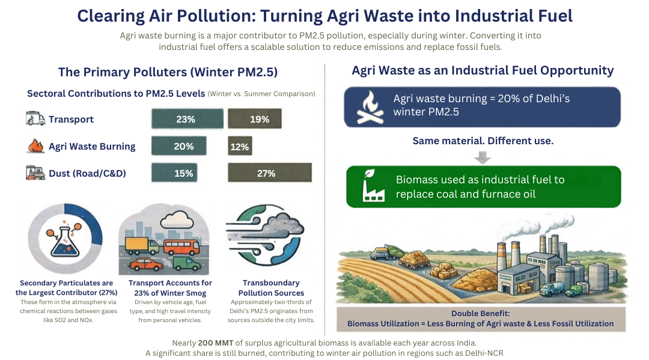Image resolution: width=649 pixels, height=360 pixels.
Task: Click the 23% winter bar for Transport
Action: point(187,119)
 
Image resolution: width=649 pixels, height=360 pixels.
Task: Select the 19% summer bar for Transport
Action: point(255,119)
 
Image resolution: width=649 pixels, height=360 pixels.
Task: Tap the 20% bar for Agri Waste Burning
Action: point(179,146)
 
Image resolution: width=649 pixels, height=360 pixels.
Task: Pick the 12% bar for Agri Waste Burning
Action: point(240,147)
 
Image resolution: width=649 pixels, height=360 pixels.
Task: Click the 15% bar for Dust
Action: point(174,173)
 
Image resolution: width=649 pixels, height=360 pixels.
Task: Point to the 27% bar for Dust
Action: point(270,173)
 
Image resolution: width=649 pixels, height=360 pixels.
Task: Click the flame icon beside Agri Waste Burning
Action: point(35,146)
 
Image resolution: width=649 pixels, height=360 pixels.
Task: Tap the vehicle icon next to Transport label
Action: point(35,118)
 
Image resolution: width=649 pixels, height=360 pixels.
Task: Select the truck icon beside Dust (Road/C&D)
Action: point(35,172)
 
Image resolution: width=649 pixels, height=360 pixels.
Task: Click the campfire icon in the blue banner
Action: point(370,107)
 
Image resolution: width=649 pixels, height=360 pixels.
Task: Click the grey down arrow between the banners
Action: point(482,157)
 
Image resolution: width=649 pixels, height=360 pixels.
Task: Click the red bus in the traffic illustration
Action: point(181,248)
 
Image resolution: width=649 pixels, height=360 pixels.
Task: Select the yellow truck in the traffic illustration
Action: point(142,246)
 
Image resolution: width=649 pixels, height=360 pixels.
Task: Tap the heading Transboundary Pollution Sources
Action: point(271,288)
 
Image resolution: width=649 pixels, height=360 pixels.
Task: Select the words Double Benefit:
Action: point(481,313)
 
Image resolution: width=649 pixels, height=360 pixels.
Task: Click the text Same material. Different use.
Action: point(483,141)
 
